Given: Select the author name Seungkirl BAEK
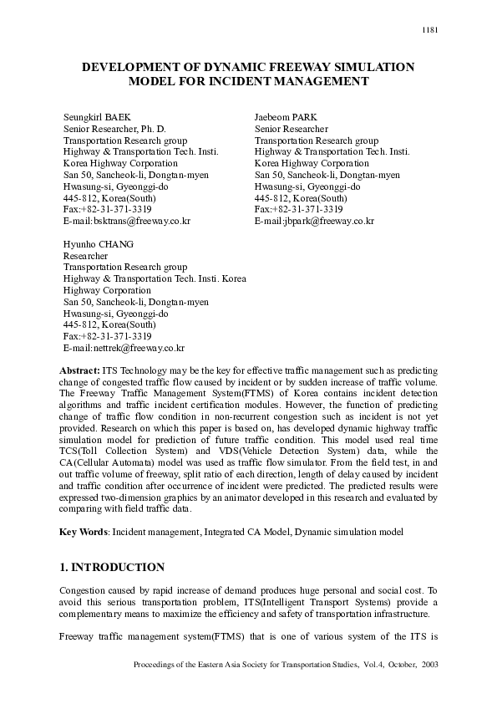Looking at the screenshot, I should coord(97,116).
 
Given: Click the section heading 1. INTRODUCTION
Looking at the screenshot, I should coord(112,567).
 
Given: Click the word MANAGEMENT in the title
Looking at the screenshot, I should coord(322,81).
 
